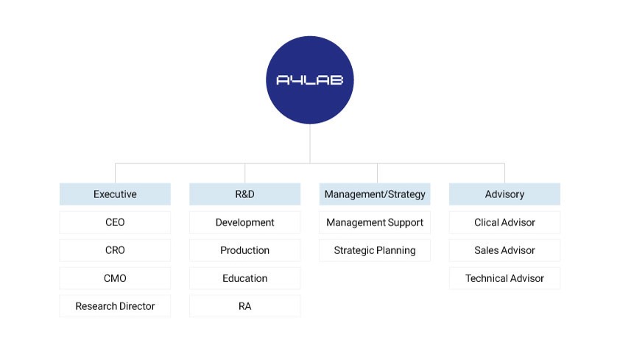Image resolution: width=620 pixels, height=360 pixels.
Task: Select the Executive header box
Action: point(115,194)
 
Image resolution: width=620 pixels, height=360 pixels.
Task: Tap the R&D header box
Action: point(244,194)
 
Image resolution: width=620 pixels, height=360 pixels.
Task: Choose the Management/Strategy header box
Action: point(375,194)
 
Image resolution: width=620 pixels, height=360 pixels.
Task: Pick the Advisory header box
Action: point(504,194)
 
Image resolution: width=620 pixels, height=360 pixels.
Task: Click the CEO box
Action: point(115,222)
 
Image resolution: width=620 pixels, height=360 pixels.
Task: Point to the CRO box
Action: point(115,250)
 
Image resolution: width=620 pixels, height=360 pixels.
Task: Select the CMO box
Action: point(115,278)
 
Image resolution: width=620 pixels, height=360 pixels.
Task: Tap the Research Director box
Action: point(115,306)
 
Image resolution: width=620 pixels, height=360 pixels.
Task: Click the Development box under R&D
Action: point(244,222)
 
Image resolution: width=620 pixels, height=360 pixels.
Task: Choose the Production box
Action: point(244,250)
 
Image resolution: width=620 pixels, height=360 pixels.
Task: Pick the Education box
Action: point(244,278)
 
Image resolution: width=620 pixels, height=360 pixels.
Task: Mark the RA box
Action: point(244,306)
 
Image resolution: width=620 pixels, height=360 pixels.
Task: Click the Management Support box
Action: point(375,222)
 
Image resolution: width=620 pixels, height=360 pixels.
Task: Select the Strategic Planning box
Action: point(375,250)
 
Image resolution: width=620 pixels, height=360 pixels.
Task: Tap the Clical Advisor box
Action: point(504,222)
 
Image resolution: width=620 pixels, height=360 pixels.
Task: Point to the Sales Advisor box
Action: point(504,250)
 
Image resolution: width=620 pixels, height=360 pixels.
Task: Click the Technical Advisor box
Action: point(504,278)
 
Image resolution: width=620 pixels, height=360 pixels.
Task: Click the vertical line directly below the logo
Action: point(309,144)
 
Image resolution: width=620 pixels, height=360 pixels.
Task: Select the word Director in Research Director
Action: point(135,306)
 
